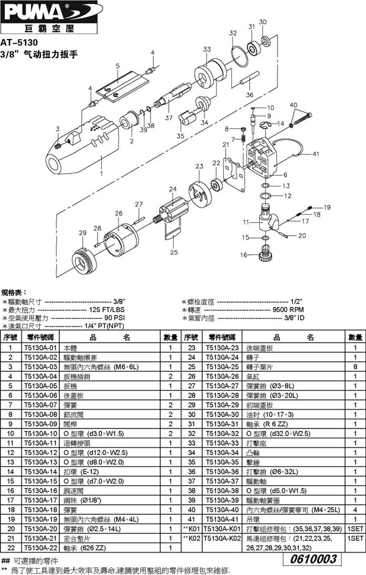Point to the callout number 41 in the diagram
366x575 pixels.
pyautogui.click(x=315, y=155)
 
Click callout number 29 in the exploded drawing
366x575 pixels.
pyautogui.click(x=83, y=233)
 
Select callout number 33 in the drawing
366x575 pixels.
pyautogui.click(x=207, y=49)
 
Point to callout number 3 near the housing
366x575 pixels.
pyautogui.click(x=57, y=129)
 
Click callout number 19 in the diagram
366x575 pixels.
pyautogui.click(x=326, y=208)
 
